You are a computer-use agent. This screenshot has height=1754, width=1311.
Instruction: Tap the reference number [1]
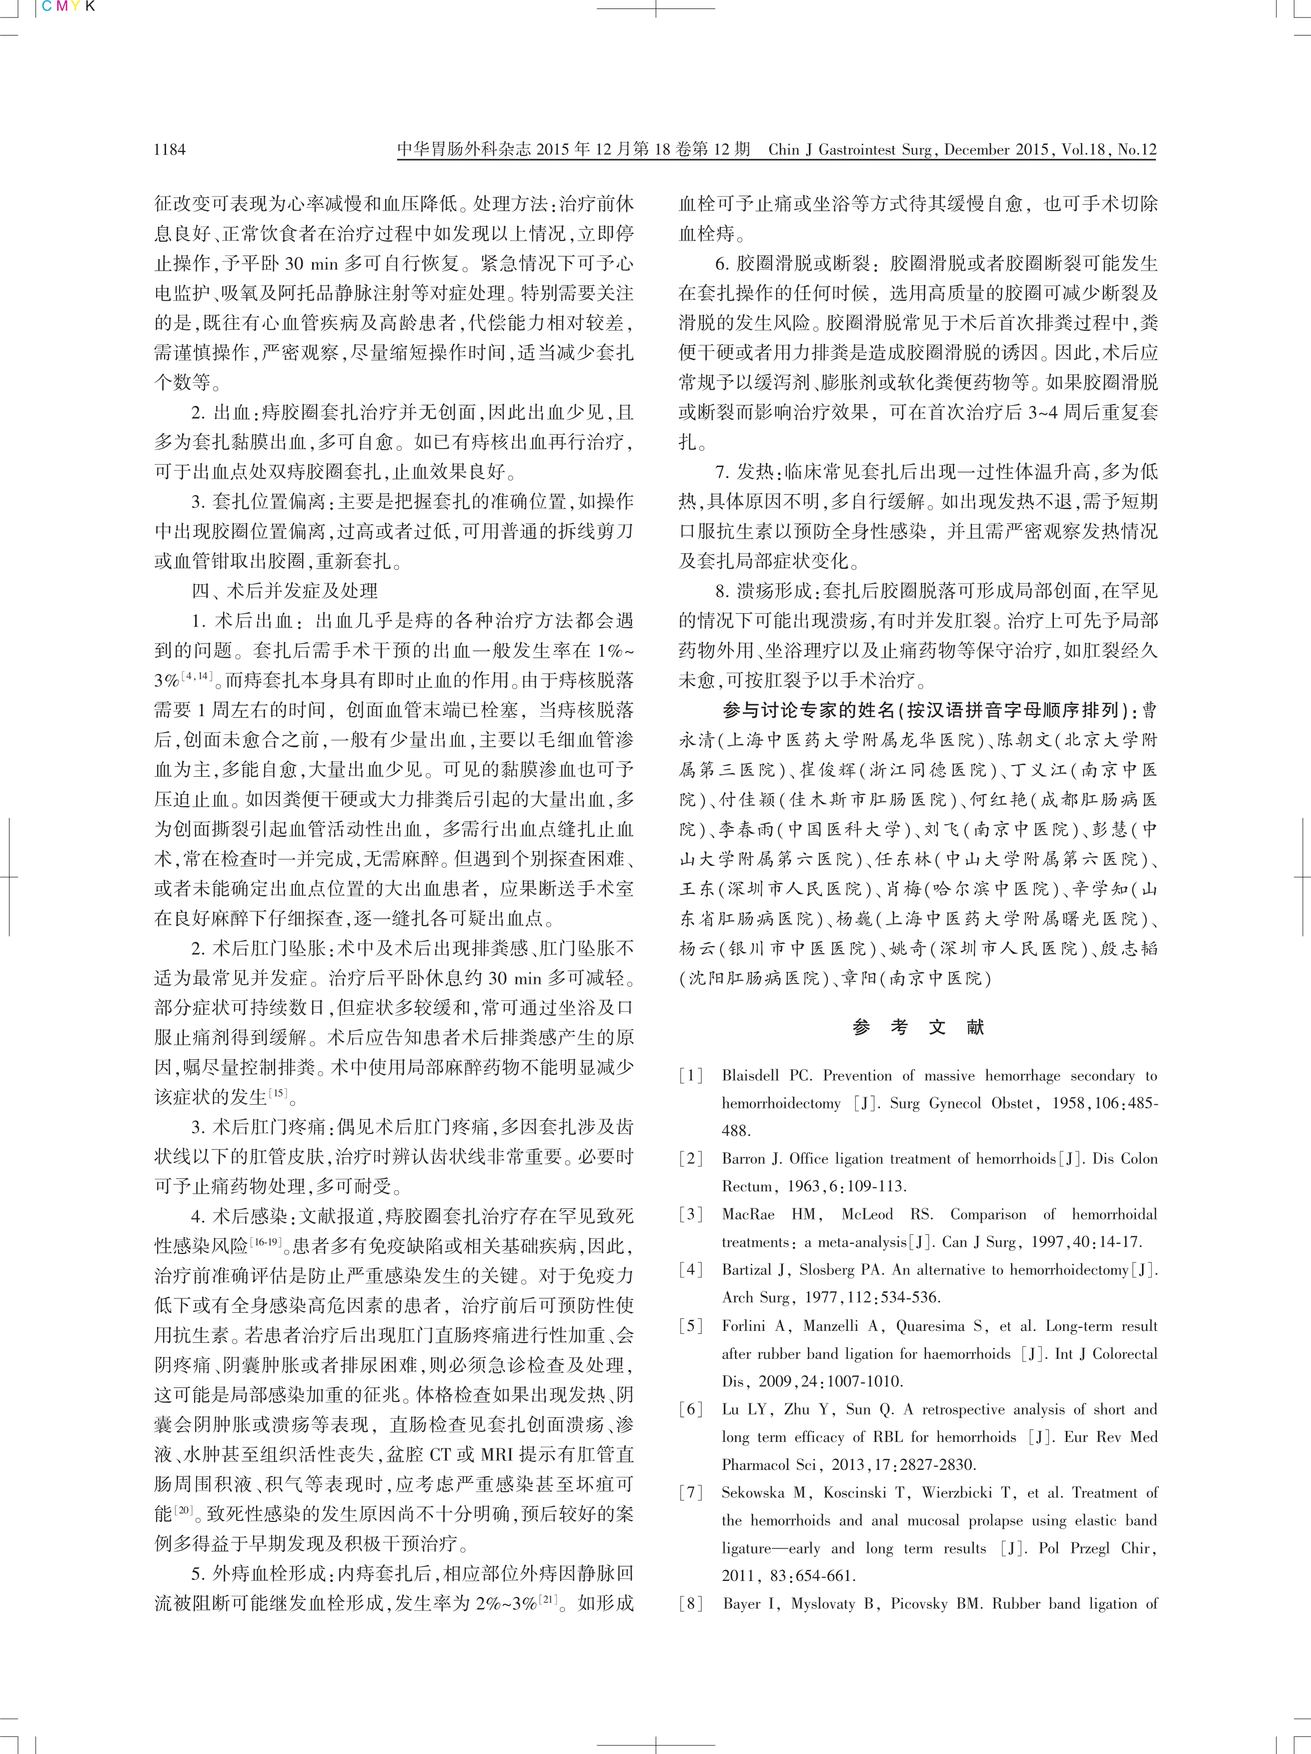pyautogui.click(x=691, y=1076)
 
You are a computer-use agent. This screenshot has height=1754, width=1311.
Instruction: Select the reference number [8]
pyautogui.click(x=691, y=1603)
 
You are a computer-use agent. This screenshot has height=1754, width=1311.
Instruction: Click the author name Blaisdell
pyautogui.click(x=750, y=1076)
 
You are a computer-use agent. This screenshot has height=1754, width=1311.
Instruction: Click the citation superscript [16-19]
pyautogui.click(x=267, y=1242)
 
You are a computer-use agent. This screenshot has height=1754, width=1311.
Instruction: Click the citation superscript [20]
pyautogui.click(x=184, y=1510)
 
